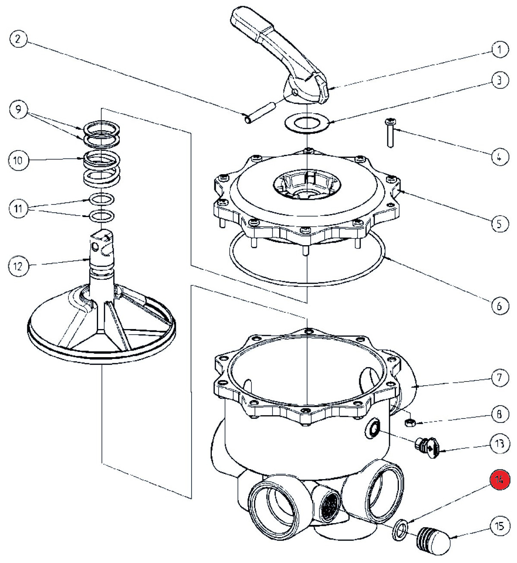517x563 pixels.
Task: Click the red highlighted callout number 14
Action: (x=500, y=480)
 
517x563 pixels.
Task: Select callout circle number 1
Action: (x=500, y=50)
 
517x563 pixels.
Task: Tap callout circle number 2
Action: (x=18, y=39)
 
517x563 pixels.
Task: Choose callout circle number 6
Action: (x=500, y=306)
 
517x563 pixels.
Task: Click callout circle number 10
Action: (x=18, y=160)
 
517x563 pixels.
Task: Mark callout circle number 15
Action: (x=500, y=526)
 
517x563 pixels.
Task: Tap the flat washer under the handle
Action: (x=307, y=122)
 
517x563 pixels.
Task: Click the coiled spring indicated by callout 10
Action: (x=102, y=167)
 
